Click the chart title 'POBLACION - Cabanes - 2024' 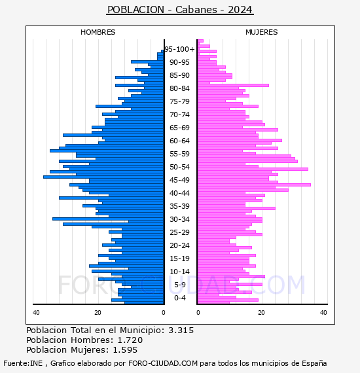[x=180, y=10]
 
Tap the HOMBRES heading [x=98, y=32]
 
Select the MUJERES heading [x=262, y=32]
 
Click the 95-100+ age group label [x=179, y=49]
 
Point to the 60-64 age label [x=179, y=141]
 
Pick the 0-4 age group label [x=179, y=298]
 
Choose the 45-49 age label [x=179, y=180]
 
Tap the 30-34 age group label [x=179, y=219]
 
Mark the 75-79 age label [x=179, y=101]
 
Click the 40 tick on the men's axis [x=36, y=312]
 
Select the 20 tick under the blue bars [x=98, y=312]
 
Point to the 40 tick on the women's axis [x=323, y=312]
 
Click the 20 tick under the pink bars [x=261, y=312]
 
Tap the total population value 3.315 [x=181, y=330]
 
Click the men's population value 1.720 [x=130, y=340]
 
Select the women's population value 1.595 [x=125, y=349]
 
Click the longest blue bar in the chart [x=103, y=177]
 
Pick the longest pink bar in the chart [x=255, y=185]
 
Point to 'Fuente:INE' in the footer [x=23, y=363]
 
